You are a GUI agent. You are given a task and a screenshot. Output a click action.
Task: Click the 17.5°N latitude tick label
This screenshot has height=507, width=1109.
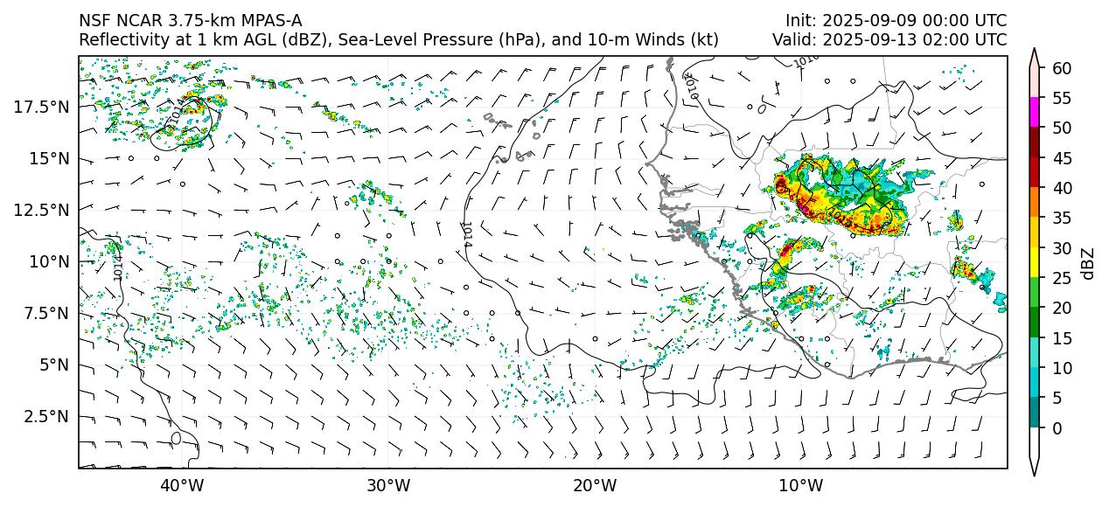pyautogui.click(x=42, y=107)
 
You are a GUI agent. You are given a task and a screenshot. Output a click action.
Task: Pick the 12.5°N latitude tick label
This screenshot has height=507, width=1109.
pyautogui.click(x=42, y=210)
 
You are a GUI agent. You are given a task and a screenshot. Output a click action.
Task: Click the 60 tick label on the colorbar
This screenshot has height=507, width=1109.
pyautogui.click(x=1061, y=68)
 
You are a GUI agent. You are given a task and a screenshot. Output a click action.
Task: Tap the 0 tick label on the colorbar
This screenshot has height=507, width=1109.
pyautogui.click(x=1057, y=428)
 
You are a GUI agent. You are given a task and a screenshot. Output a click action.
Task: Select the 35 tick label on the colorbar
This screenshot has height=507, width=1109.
pyautogui.click(x=1061, y=218)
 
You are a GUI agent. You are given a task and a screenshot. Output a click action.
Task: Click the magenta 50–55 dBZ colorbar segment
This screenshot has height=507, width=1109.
pyautogui.click(x=1036, y=113)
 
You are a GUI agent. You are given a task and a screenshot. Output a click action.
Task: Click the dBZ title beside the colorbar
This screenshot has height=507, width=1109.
pyautogui.click(x=1088, y=262)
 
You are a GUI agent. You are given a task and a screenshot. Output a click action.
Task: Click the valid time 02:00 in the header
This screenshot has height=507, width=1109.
pyautogui.click(x=947, y=40)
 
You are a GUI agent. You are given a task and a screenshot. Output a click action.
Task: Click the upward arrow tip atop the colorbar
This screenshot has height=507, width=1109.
pyautogui.click(x=1036, y=51)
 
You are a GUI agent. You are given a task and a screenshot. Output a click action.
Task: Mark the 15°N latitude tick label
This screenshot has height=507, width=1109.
pyautogui.click(x=48, y=158)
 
